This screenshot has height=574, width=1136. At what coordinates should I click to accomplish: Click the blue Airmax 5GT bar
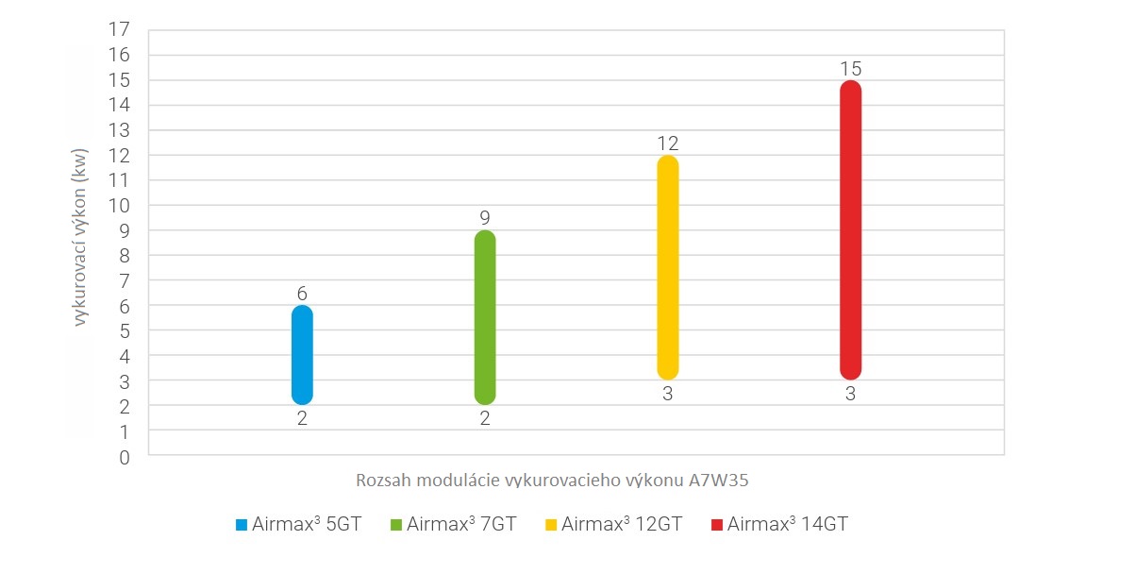(302, 355)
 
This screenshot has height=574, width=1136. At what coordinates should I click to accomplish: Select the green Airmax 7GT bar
(485, 317)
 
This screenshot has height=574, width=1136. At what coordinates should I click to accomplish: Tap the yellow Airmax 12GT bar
(667, 267)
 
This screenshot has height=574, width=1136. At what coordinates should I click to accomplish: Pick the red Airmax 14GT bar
(850, 229)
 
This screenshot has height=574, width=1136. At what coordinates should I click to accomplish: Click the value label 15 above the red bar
(850, 69)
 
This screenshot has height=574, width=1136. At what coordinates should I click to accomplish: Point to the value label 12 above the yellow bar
(667, 143)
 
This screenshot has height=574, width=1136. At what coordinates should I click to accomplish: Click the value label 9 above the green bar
(485, 219)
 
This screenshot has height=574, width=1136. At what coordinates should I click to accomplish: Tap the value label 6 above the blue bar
(302, 294)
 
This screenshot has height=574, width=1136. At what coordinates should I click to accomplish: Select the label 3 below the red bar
(850, 395)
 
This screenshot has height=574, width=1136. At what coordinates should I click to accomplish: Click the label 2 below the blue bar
(302, 419)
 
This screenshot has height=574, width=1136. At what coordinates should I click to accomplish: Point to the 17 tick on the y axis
(119, 29)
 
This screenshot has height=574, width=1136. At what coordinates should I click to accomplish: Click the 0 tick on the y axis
(124, 457)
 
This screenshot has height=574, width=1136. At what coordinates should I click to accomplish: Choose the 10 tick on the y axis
(119, 205)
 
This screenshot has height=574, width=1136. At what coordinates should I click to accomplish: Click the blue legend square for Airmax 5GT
(242, 524)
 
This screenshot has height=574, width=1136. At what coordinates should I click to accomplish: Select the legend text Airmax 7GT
(461, 524)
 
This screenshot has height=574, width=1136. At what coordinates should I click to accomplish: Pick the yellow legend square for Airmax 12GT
(551, 524)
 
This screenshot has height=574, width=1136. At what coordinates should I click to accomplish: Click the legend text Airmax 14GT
(787, 524)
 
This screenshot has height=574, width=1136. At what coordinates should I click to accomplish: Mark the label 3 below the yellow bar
(667, 395)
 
